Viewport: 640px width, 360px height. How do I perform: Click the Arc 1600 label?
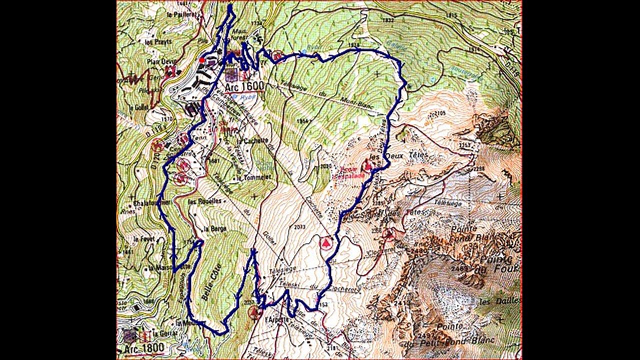pyautogui.click(x=244, y=86)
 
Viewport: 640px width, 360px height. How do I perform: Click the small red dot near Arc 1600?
pyautogui.click(x=202, y=60)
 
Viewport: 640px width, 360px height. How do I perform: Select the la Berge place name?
pyautogui.click(x=215, y=228)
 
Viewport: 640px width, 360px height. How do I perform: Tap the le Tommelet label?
pyautogui.click(x=254, y=177)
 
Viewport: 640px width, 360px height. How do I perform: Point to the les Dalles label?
pyautogui.click(x=499, y=301)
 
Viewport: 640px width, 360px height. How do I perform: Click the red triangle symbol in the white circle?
pyautogui.click(x=326, y=243)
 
